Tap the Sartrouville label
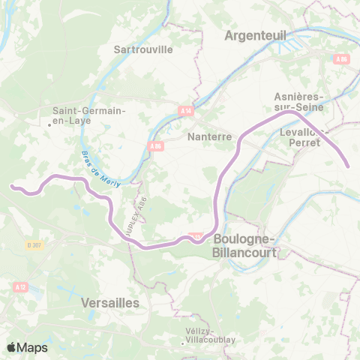pos(142,49)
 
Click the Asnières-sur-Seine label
pos(298,103)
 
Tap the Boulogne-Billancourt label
pos(246,245)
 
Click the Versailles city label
pos(109,302)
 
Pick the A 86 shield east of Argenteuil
pos(342,58)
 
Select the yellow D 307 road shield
pos(32,244)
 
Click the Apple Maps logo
pos(27,347)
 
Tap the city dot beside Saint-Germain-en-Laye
pos(50,124)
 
